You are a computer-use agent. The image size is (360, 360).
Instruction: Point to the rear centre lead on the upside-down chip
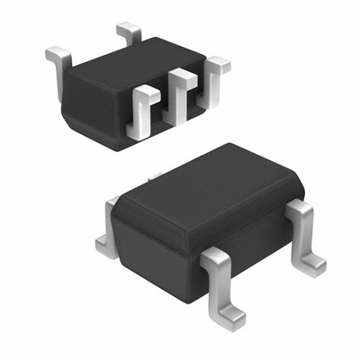coord(129,34)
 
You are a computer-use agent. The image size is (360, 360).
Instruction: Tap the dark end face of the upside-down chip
coord(94,112)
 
